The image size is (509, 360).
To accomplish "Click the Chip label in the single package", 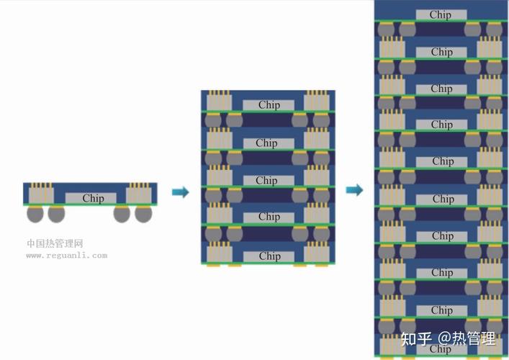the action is (93, 198).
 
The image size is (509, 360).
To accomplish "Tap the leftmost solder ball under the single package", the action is (35, 214).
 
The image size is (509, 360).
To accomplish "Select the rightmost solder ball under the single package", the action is (143, 214).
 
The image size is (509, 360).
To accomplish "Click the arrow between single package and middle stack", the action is (181, 192).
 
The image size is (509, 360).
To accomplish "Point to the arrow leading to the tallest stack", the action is (354, 190).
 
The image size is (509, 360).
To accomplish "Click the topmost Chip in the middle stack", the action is (269, 105).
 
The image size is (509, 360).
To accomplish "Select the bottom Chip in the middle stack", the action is (270, 256).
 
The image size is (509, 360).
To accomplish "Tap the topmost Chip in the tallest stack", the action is (440, 14).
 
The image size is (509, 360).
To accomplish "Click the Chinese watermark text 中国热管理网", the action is (55, 243).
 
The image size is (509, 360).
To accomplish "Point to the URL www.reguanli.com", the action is (67, 256).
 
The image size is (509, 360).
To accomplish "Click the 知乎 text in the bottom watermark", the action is (416, 338).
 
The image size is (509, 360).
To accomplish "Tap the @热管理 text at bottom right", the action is (467, 338).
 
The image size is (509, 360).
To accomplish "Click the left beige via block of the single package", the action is (41, 195).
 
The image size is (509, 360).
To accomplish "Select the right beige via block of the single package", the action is (139, 195).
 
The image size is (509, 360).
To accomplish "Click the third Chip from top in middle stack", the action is (266, 181).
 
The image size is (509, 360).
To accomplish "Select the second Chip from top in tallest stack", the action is (442, 52).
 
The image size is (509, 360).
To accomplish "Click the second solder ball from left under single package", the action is (56, 214).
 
